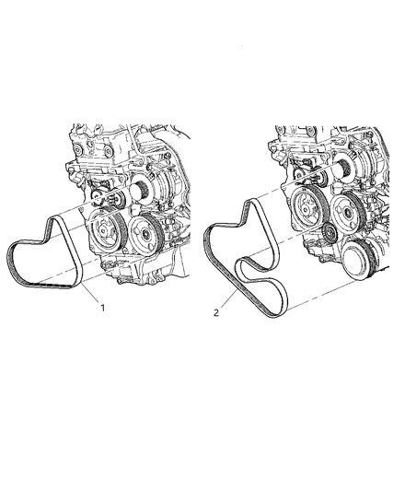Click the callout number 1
(x=102, y=308)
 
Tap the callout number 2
(x=216, y=312)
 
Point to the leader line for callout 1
(x=90, y=293)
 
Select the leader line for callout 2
(x=229, y=298)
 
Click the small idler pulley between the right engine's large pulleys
(x=329, y=233)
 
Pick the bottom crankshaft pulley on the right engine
(x=360, y=259)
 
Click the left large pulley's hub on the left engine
(x=105, y=231)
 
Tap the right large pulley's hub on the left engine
(x=145, y=233)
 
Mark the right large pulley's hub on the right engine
(x=347, y=213)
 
